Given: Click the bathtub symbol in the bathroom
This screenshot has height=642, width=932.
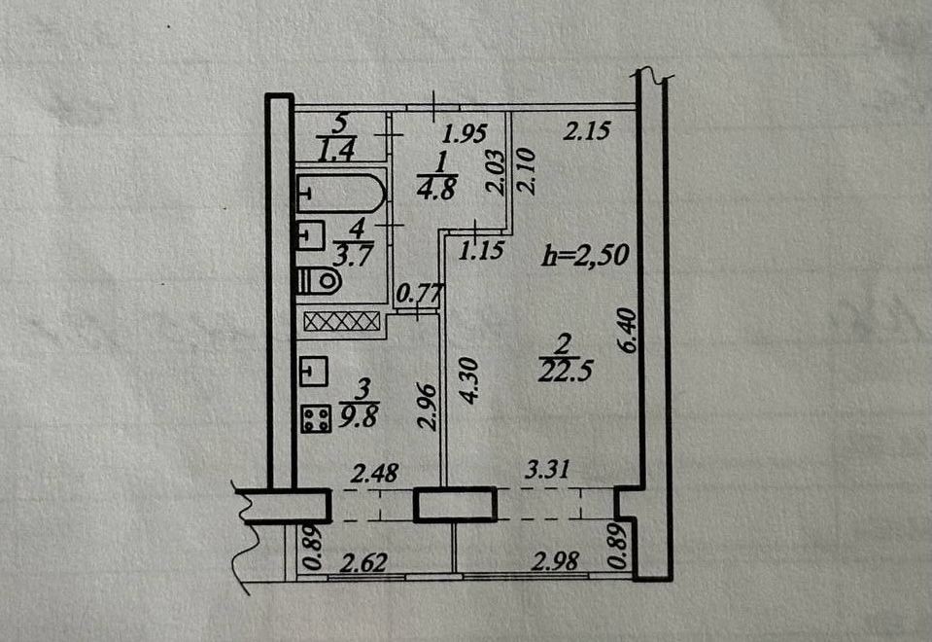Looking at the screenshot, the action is [x=340, y=193].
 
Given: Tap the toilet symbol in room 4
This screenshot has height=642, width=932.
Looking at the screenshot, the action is [x=319, y=280].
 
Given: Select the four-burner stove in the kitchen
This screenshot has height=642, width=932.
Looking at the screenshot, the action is [x=316, y=417].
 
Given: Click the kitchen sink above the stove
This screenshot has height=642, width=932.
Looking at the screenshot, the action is [x=313, y=371].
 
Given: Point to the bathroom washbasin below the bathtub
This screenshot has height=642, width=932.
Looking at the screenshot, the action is [x=310, y=235].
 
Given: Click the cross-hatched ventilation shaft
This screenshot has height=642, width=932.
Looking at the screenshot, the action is [x=341, y=321].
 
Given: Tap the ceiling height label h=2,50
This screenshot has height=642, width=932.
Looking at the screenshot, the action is [x=585, y=255].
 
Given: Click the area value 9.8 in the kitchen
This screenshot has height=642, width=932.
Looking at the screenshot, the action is [x=358, y=416].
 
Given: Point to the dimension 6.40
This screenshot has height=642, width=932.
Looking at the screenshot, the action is [x=628, y=330].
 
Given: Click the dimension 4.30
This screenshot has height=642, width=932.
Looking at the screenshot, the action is [x=468, y=380].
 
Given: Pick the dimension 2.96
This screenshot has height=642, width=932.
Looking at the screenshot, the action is [x=428, y=407].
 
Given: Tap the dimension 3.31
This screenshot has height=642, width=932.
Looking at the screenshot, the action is [x=547, y=469].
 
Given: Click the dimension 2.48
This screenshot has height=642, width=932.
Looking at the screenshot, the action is [x=374, y=474].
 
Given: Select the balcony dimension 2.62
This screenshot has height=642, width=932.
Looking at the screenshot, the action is [x=363, y=562].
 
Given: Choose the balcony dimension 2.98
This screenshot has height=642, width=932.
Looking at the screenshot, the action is [x=555, y=560].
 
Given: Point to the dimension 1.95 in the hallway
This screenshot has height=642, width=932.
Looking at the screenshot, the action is [x=465, y=133].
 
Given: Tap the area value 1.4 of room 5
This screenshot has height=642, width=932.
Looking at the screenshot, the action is [x=336, y=150].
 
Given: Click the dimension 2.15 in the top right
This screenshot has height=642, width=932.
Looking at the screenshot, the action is [x=587, y=130].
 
